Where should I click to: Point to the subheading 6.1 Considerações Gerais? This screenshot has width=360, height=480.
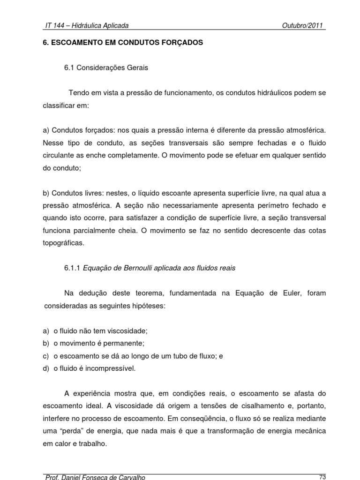coord(106,67)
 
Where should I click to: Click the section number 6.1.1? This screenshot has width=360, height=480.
coord(73,268)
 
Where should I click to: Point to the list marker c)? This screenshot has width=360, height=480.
coord(46,356)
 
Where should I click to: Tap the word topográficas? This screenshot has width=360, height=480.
coord(61,243)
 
